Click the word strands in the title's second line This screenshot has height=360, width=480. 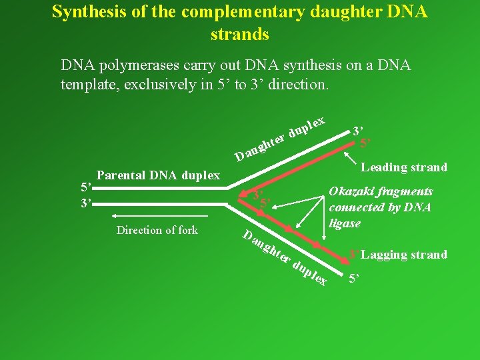tap(239, 33)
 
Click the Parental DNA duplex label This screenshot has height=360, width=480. tap(158, 175)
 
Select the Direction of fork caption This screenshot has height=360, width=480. tap(157, 230)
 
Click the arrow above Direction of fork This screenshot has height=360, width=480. tap(160, 216)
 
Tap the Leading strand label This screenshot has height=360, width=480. tap(404, 167)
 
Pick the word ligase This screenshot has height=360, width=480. tap(345, 223)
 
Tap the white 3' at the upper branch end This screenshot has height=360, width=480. tap(358, 130)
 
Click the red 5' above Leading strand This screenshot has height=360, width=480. tap(365, 142)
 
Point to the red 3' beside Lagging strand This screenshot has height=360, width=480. tap(354, 255)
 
